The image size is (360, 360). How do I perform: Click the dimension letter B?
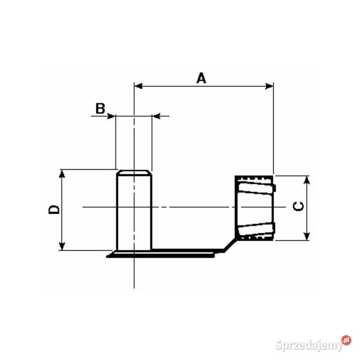click(x=100, y=108)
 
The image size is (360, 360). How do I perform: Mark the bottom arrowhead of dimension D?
click(x=62, y=246)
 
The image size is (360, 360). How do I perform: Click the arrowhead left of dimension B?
click(x=111, y=116)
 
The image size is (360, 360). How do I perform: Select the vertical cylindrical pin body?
click(x=134, y=211)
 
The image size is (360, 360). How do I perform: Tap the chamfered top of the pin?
click(x=134, y=172)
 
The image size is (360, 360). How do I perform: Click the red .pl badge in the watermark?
click(x=346, y=340)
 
